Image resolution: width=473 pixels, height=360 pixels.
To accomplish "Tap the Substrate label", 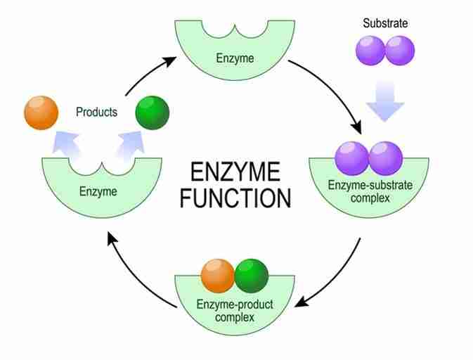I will point(384,23).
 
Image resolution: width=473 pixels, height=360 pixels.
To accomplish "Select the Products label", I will point(96,112).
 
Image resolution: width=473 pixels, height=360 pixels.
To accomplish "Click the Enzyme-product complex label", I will point(235,310).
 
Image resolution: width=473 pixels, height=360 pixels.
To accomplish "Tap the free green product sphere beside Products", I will point(153,112).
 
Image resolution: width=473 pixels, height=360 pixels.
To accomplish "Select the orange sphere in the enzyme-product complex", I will point(218,276).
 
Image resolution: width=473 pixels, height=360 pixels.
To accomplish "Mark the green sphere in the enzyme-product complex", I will point(252,276).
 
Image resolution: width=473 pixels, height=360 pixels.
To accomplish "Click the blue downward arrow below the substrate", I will point(385,101).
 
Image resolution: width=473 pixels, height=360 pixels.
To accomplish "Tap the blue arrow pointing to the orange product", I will point(70,142).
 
